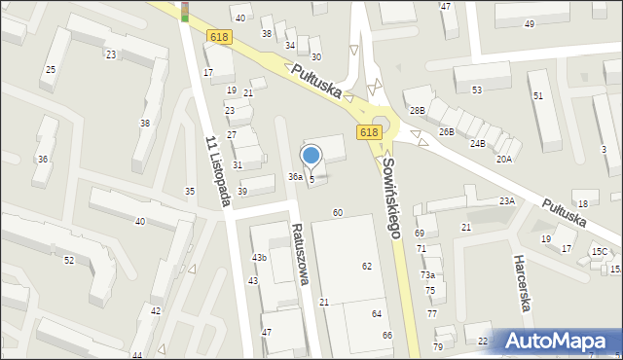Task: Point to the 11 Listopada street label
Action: [x=216, y=170]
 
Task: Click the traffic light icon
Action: [x=185, y=12]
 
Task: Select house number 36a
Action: [x=295, y=176]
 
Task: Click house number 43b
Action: [x=259, y=257]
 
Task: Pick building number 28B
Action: [x=417, y=111]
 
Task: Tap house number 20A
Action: [x=503, y=159]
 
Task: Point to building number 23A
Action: [x=506, y=200]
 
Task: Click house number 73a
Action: [x=427, y=275]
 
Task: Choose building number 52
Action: [x=69, y=260]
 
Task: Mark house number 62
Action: [x=367, y=266]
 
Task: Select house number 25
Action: [x=51, y=70]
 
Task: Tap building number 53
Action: [x=477, y=90]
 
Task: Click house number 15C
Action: [x=599, y=252]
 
